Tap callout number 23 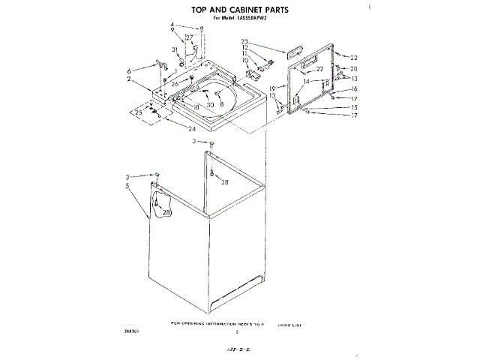coord(244,41)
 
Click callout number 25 coord(138,112)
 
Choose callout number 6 coord(128,70)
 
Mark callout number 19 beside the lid coord(272,88)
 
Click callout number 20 coord(354,69)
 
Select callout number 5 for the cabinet coord(128,186)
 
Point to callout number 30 coord(211,105)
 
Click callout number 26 coord(175,84)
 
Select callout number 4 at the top coord(172,25)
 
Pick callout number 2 coord(128,79)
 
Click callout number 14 coord(305,81)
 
